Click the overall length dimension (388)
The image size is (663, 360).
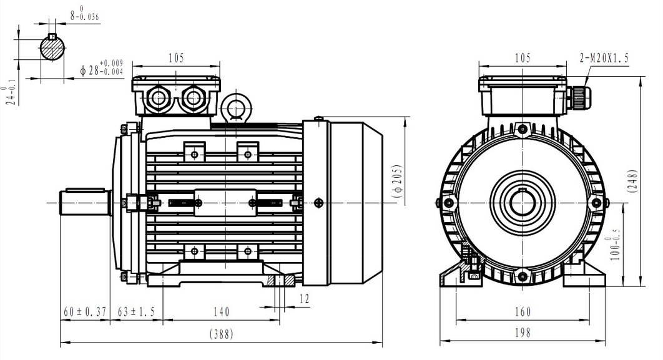point(222,334)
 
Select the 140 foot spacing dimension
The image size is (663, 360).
point(221,312)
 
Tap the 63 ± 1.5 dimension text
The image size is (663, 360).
point(136,312)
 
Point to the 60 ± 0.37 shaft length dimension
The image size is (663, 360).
point(85,312)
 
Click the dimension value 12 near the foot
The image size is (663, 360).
point(305,299)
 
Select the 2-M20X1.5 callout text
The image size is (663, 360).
point(604,57)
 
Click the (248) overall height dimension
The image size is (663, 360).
point(633,182)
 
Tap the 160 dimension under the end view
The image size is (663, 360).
point(523,312)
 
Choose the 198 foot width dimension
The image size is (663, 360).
point(523,333)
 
